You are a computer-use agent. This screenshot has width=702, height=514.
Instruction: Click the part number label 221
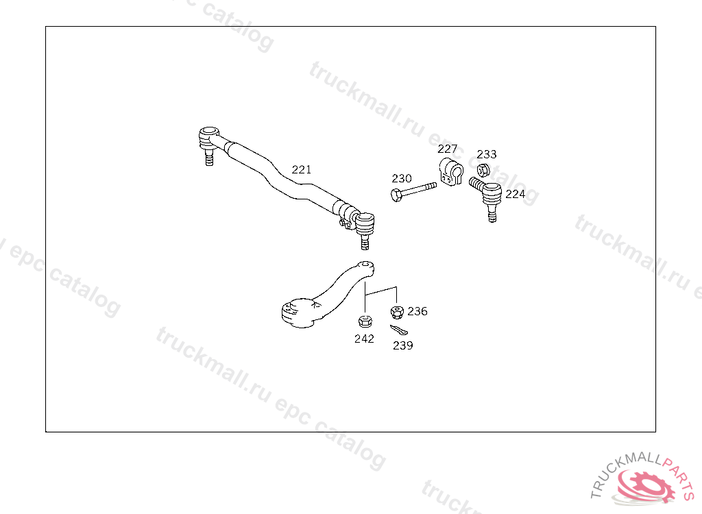(301, 169)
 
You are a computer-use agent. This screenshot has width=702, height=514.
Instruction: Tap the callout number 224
(516, 194)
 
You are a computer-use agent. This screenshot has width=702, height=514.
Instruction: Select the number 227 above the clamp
(448, 149)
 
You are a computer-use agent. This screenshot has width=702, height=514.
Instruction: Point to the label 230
(402, 179)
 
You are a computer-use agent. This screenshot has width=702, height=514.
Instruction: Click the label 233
(487, 154)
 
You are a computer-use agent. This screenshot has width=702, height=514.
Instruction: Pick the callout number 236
(417, 311)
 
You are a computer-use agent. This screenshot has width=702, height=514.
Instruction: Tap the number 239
(403, 345)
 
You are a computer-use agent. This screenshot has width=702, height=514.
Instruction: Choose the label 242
(364, 339)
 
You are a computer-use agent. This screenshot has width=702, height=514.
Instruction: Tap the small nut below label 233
(483, 171)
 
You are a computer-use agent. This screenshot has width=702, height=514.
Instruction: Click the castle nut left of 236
(396, 313)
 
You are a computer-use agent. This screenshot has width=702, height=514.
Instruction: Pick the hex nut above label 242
(365, 321)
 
